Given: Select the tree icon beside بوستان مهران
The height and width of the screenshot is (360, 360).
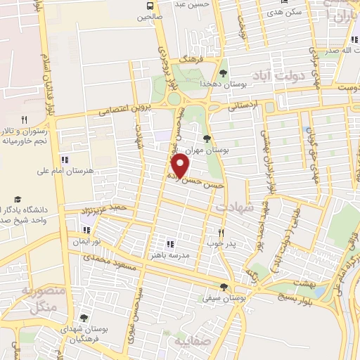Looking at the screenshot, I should [x=206, y=139].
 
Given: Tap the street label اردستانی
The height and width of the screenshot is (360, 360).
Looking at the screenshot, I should [x=243, y=105].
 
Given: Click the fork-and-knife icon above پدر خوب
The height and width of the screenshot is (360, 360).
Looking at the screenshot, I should [x=220, y=232].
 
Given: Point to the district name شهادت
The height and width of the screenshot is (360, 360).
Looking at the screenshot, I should [x=233, y=208].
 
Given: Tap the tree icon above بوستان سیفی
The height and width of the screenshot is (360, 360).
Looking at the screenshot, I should [x=224, y=286].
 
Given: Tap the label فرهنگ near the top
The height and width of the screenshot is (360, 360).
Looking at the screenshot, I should [x=190, y=61].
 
